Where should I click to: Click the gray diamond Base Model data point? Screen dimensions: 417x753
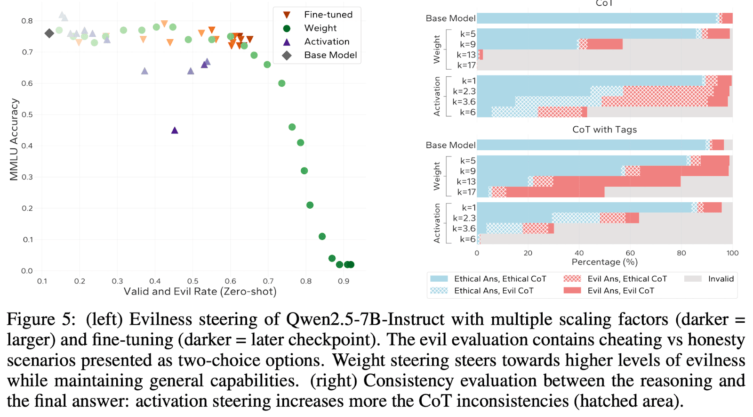tap(49, 33)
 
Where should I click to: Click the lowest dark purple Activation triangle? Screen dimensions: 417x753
tap(175, 131)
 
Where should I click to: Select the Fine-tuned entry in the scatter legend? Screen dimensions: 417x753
tap(328, 15)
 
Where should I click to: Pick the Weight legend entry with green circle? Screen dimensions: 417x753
tap(320, 28)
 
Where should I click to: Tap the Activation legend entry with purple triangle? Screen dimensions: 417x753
tap(327, 41)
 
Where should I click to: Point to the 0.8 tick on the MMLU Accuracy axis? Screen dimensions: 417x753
tap(27, 21)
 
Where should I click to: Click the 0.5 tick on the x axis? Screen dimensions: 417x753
tap(192, 281)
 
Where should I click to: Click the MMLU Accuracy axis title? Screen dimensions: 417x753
tap(14, 139)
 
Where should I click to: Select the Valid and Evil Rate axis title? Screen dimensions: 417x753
tap(200, 292)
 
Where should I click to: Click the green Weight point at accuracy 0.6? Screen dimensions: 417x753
tap(281, 83)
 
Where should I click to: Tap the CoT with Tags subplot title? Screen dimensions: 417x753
tap(604, 130)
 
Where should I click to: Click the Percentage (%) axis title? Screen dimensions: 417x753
tap(604, 262)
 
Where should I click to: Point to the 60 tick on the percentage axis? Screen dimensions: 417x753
tap(630, 253)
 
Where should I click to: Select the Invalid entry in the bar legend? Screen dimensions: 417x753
tap(721, 279)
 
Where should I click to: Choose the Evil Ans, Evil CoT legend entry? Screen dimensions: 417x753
tap(620, 291)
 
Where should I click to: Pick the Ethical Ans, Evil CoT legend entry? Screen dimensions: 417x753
tap(493, 291)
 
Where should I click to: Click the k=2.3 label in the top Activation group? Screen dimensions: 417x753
tap(464, 91)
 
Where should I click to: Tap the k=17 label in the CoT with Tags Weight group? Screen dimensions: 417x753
tap(466, 192)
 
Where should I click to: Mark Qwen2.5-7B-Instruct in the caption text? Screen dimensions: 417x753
tap(365, 319)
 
